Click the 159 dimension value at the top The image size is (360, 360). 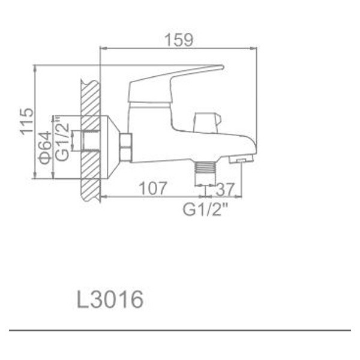[x=179, y=40]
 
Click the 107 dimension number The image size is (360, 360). [x=152, y=188]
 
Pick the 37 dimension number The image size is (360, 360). [x=224, y=188]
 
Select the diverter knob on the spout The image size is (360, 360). [x=206, y=122]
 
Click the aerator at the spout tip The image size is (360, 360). [x=241, y=160]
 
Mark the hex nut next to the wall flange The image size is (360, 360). [x=126, y=148]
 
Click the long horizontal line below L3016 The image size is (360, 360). [x=179, y=330]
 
